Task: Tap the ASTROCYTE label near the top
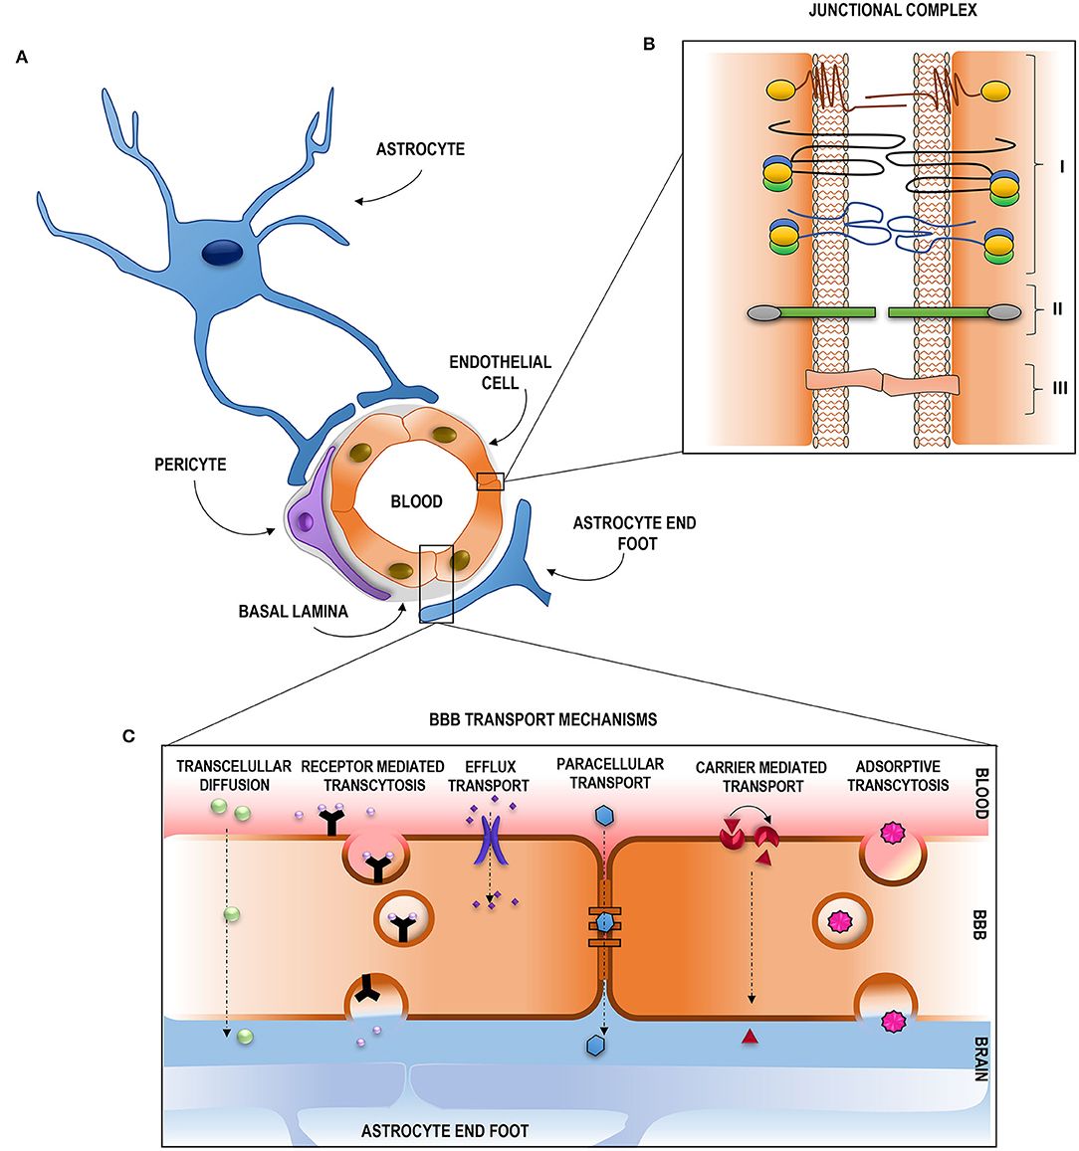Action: pos(420,150)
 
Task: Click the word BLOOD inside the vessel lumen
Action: pos(416,502)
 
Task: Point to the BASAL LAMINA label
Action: pos(294,611)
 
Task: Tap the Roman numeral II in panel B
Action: pos(1057,309)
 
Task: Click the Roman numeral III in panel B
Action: pos(1059,388)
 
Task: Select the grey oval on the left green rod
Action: pos(763,312)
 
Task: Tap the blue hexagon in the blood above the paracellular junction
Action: pos(602,815)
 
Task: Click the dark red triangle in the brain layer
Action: pos(750,1038)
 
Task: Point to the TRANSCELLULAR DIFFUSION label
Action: pos(234,775)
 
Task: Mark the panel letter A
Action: pos(22,59)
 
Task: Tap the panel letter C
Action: pos(128,736)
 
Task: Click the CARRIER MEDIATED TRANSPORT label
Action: pos(760,776)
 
